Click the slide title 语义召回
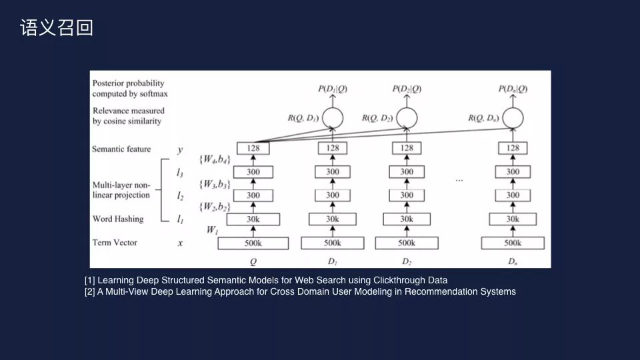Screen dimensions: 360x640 [x=57, y=28]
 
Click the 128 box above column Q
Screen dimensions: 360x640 [x=253, y=148]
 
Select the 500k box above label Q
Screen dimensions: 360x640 [x=253, y=243]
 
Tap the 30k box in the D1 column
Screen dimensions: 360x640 [x=333, y=219]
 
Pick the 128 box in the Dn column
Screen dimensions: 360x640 [x=513, y=148]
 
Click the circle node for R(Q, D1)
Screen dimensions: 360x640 [x=333, y=118]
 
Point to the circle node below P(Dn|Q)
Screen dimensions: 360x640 [x=513, y=118]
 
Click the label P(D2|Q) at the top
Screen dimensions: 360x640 [x=407, y=89]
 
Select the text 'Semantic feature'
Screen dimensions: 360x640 [x=121, y=149]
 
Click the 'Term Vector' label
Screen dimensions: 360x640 [x=115, y=243]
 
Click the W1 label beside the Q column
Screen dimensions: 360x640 [x=212, y=231]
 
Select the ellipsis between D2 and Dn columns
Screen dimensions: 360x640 [x=459, y=180]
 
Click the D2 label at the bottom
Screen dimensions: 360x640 [x=407, y=261]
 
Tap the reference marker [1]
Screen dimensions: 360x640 [x=90, y=280]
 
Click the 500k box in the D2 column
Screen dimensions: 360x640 [x=407, y=243]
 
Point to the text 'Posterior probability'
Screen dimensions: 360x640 [x=129, y=83]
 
